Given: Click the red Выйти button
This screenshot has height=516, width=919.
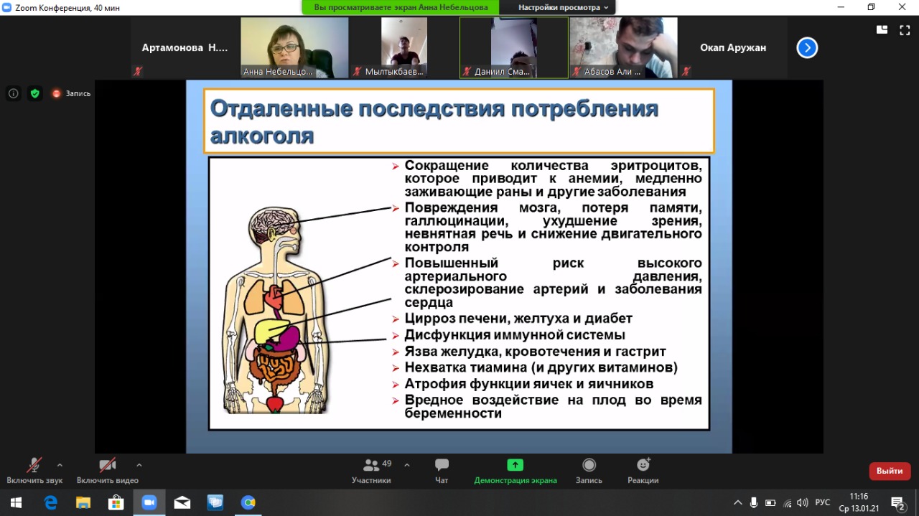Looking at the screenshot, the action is click(890, 471).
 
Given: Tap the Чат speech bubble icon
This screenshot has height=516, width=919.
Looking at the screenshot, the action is click(442, 465).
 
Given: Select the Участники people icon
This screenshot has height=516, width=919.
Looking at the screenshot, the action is click(371, 465).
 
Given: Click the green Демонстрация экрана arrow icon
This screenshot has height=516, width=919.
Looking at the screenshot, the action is click(515, 465).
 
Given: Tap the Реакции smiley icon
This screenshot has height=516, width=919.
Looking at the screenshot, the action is click(643, 465).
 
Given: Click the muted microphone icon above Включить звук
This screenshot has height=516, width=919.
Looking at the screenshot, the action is click(34, 465).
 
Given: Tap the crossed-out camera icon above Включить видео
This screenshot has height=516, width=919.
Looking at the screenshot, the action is click(108, 465).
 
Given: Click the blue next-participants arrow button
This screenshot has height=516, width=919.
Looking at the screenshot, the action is click(807, 47).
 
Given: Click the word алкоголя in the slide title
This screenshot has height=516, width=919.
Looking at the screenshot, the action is click(262, 136).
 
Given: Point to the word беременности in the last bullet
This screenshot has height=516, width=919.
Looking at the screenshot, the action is click(453, 413).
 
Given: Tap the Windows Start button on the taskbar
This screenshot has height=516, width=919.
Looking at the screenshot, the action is click(16, 502).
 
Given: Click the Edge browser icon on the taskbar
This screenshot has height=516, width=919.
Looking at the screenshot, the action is click(50, 502).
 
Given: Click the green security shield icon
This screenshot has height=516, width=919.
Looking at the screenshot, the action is click(35, 93).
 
